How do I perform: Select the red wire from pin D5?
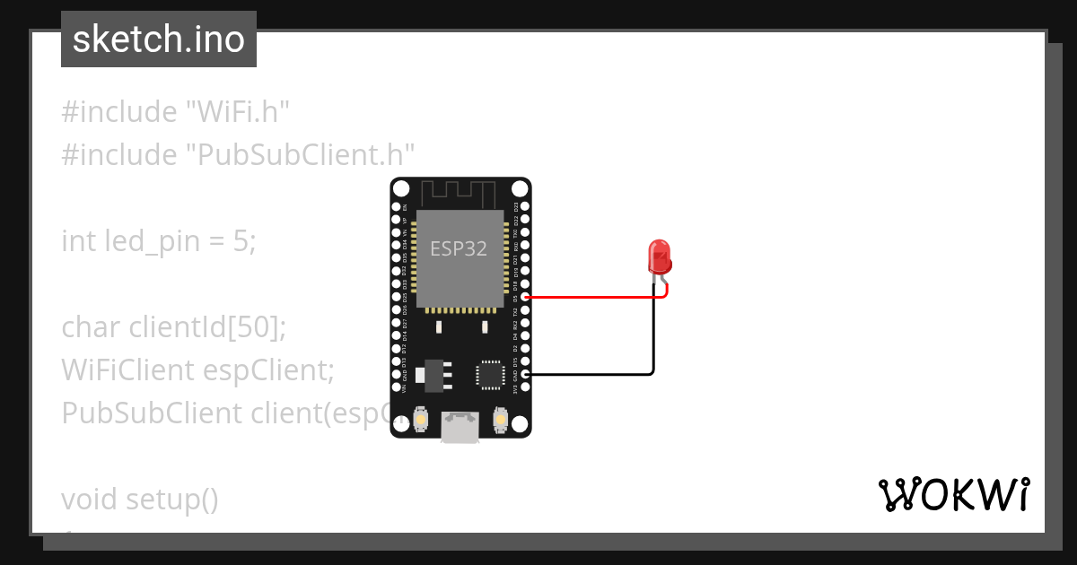pos(592,296)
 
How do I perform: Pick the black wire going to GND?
pos(592,373)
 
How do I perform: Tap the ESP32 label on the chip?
pos(459,248)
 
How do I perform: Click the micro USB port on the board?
pos(460,428)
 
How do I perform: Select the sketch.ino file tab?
pos(159,39)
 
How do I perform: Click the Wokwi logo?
pos(953,495)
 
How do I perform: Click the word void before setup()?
pos(90,499)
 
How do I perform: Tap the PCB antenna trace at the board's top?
pos(459,192)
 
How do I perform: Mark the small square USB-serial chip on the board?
pos(491,374)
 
